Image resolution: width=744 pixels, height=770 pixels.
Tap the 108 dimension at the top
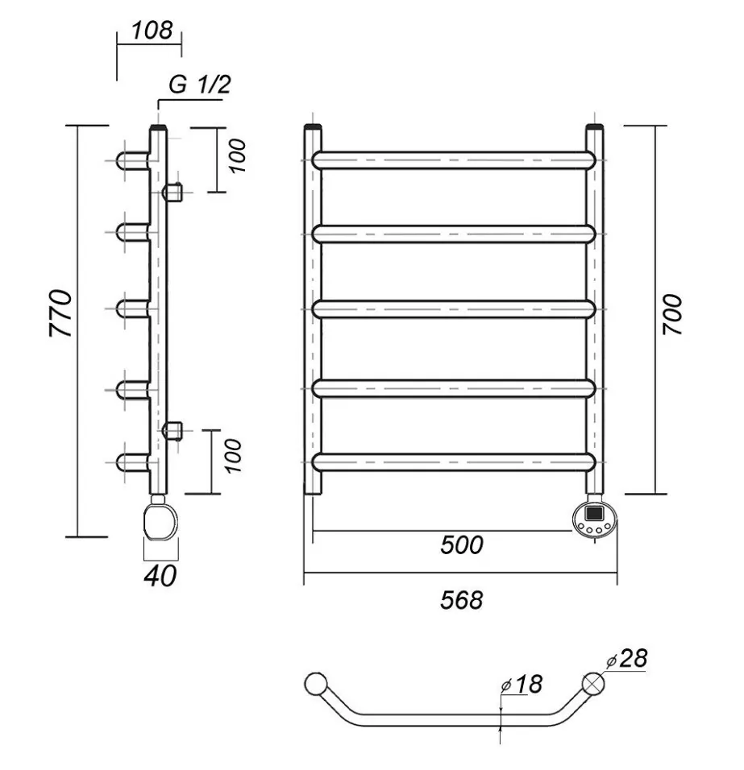coord(152,31)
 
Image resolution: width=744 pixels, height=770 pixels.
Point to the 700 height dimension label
coord(673,315)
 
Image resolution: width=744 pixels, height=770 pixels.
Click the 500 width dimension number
coord(462,545)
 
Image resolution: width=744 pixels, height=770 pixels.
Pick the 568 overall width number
coord(462,599)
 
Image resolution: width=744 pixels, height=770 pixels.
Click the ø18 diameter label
coord(522,685)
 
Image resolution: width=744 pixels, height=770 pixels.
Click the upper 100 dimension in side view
coord(236,157)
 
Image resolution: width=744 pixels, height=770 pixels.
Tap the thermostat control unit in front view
coord(594,518)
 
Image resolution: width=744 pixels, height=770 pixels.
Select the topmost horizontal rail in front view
coord(453,159)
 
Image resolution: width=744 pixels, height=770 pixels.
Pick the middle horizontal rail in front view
coord(453,308)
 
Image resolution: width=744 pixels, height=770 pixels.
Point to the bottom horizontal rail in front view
coord(453,462)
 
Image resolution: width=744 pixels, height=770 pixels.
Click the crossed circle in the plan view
coord(594,683)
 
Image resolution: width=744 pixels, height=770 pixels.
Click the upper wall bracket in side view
coord(173,192)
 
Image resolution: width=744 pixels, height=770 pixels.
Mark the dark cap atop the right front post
coord(595,126)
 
